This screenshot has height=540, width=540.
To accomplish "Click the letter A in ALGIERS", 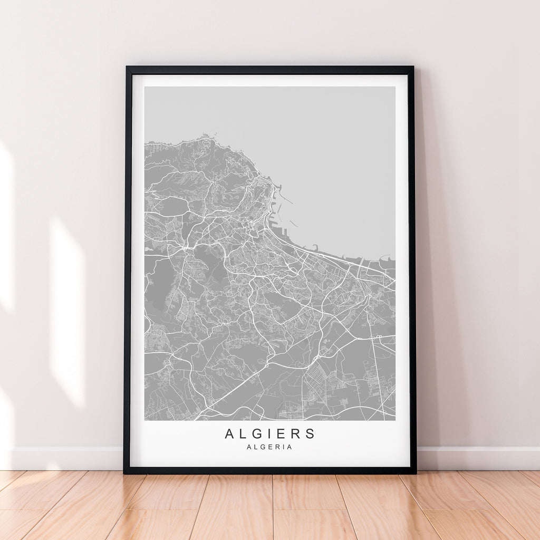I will pyautogui.click(x=229, y=434).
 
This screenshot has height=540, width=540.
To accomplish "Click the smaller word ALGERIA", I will pyautogui.click(x=269, y=447).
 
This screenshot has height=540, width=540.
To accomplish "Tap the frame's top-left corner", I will pyautogui.click(x=127, y=67).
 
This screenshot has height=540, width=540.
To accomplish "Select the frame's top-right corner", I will pyautogui.click(x=412, y=67).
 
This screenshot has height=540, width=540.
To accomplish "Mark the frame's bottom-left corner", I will pyautogui.click(x=125, y=472).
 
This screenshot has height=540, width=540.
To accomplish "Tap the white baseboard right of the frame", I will pyautogui.click(x=475, y=458).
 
